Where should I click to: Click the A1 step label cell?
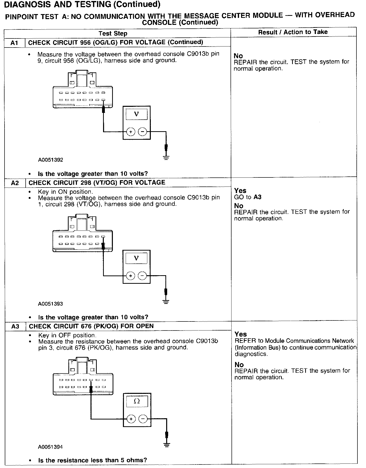pos(15,43)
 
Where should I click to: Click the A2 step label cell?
pos(15,183)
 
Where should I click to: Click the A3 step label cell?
pos(15,326)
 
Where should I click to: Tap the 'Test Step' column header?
pos(113,33)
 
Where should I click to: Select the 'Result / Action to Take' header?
pos(293,32)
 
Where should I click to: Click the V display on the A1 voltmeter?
pos(136,115)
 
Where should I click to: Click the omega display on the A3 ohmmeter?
pos(137,401)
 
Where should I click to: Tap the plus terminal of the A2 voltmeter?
pos(130,276)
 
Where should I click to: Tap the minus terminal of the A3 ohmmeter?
pos(143,419)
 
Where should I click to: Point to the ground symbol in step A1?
pos(166,158)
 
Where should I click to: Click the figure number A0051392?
pos(51,160)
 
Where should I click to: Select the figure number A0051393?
pos(51,304)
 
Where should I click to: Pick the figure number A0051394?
pos(51,447)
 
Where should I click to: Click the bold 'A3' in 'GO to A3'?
pos(257,197)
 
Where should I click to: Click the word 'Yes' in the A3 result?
pos(241,334)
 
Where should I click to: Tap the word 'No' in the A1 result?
pos(238,56)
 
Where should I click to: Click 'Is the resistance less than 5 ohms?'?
pos(93,460)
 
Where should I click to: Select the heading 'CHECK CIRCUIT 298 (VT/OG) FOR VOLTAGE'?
pos(97,183)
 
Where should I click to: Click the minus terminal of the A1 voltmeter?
pos(143,132)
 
